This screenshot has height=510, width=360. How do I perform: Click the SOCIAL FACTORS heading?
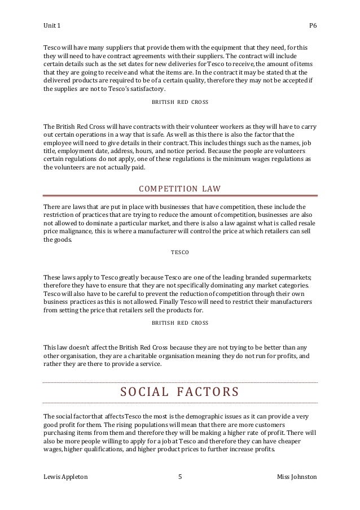click(x=179, y=392)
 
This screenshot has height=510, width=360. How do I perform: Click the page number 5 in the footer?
click(x=179, y=477)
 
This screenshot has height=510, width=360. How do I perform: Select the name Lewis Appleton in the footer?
click(x=65, y=477)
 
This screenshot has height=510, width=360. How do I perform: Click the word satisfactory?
click(x=145, y=89)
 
